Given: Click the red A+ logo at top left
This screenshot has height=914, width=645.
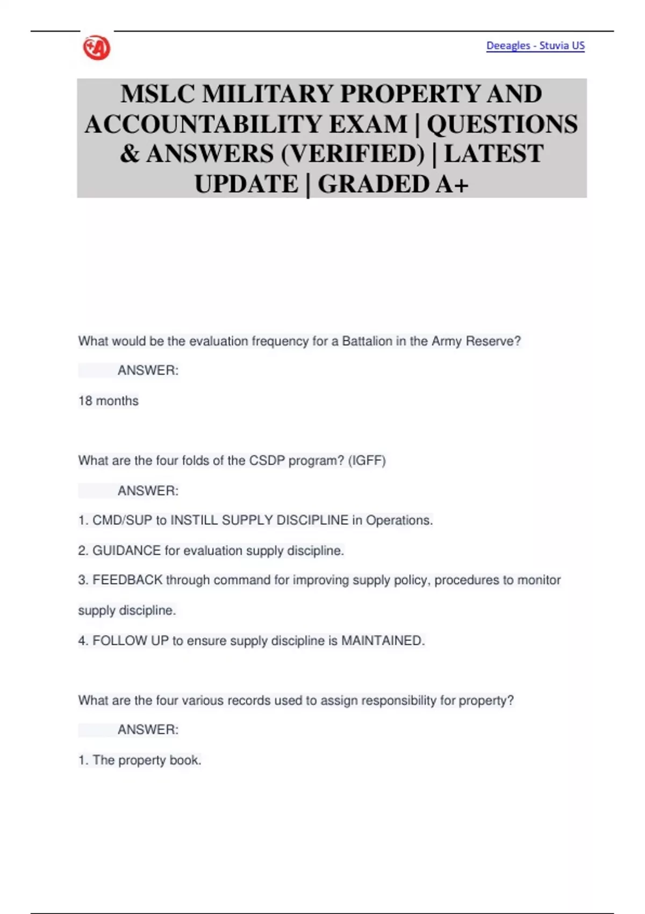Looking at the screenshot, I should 97,48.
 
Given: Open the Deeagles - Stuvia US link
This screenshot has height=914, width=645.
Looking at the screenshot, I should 535,46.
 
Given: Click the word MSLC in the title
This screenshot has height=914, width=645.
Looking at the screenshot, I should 157,94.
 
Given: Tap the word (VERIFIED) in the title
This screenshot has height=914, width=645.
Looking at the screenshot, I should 353,154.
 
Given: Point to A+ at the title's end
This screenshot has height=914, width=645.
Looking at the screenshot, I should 452,184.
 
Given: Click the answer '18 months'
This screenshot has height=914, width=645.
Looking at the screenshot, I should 109,401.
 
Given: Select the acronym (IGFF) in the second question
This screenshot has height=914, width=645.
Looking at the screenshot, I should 367,461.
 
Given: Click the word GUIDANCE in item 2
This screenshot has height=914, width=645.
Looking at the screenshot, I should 126,551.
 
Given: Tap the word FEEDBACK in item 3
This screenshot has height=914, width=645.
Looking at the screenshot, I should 127,580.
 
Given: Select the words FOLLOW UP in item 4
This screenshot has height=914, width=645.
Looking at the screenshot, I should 131,641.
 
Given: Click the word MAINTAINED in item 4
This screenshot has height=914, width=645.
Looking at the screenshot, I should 383,641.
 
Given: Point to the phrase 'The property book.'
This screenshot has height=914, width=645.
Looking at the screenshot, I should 147,760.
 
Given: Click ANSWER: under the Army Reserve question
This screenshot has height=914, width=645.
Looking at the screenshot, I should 148,371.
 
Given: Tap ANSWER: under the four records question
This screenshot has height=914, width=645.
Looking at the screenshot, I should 148,730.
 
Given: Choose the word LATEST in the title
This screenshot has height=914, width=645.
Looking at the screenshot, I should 493,154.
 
